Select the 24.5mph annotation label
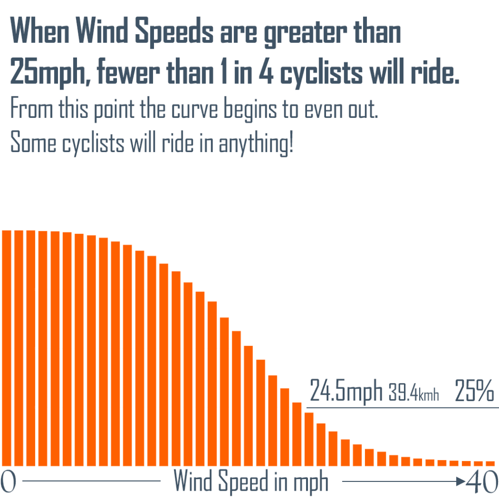[x=346, y=391]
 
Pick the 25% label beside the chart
[x=474, y=391]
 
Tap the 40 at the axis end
[x=481, y=482]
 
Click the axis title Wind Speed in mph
[x=251, y=482]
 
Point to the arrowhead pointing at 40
[x=461, y=482]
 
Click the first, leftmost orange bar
[x=7, y=348]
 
